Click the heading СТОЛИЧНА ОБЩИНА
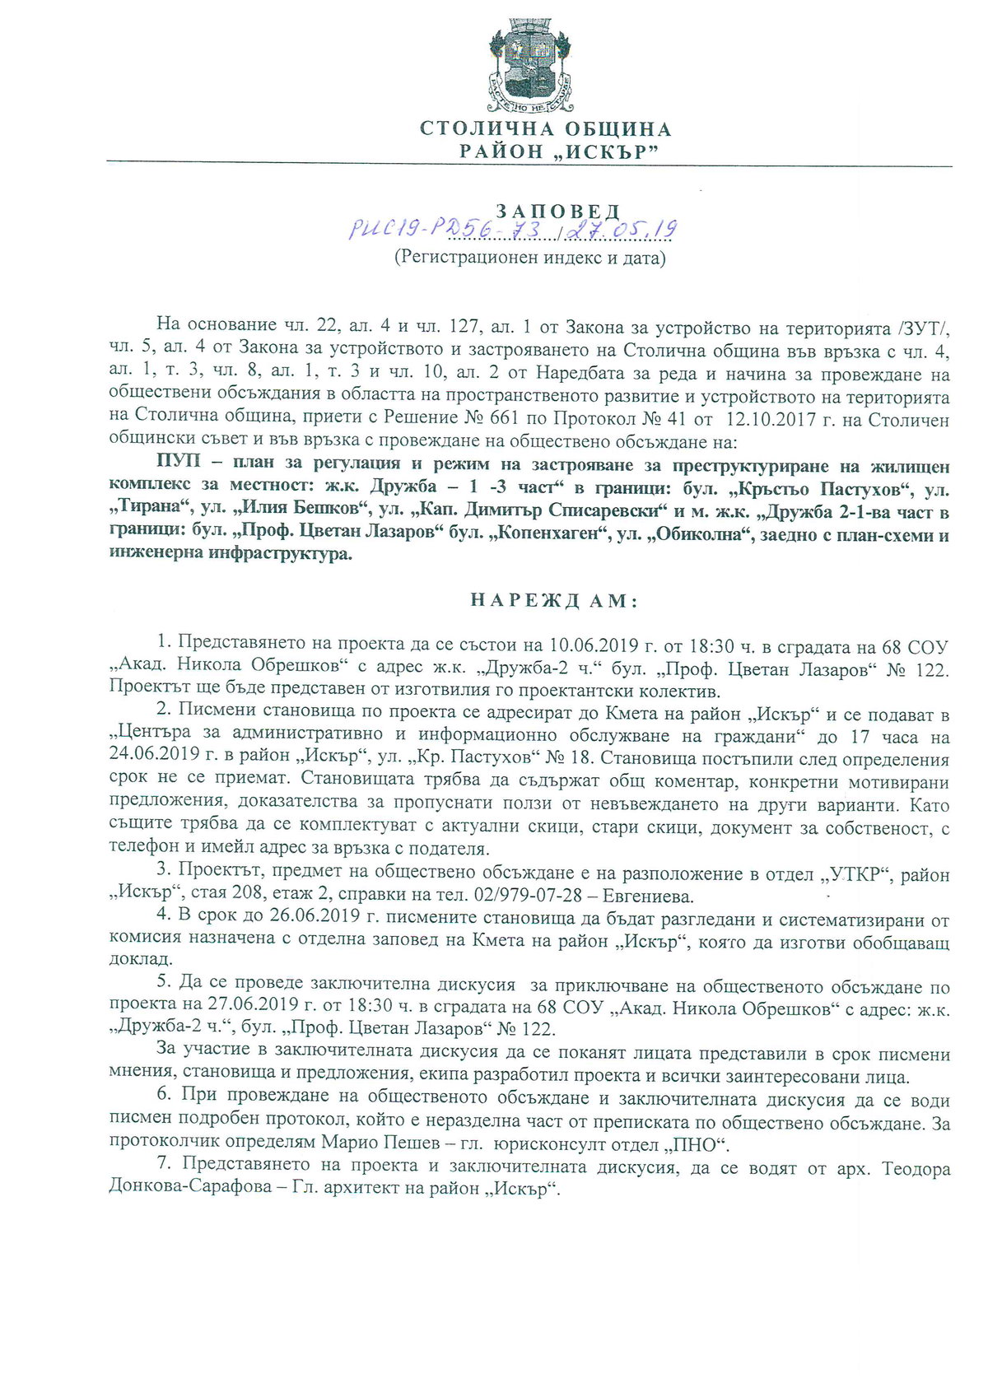[546, 129]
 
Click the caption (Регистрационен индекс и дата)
[529, 258]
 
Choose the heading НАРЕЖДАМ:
[554, 600]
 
